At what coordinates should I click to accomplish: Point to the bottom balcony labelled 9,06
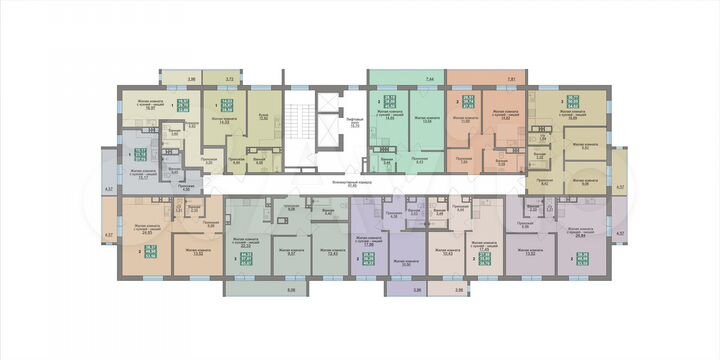pos(264,289)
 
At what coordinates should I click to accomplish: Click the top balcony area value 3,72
pos(229,77)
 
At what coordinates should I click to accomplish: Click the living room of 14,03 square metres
pos(222,124)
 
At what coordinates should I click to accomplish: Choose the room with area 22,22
pos(247,246)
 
